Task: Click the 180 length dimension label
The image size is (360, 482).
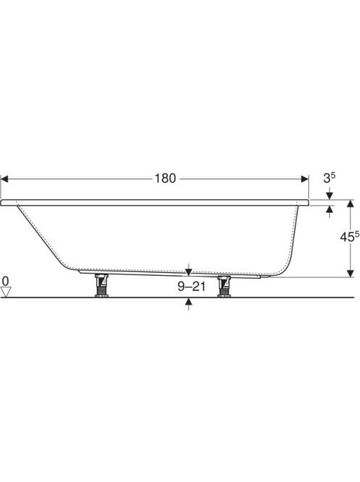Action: (x=165, y=179)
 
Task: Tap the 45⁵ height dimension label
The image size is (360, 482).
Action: (x=349, y=237)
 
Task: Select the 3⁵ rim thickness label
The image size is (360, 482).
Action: (x=329, y=178)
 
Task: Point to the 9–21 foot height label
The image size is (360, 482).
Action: (x=191, y=287)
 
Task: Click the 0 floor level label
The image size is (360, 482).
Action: (x=6, y=281)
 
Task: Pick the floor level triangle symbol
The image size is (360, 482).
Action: (x=6, y=291)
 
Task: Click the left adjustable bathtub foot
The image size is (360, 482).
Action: (x=101, y=285)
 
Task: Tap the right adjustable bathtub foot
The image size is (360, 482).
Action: (x=224, y=286)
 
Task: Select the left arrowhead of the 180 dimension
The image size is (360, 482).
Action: (x=4, y=179)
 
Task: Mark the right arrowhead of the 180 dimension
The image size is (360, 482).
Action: (x=305, y=179)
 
